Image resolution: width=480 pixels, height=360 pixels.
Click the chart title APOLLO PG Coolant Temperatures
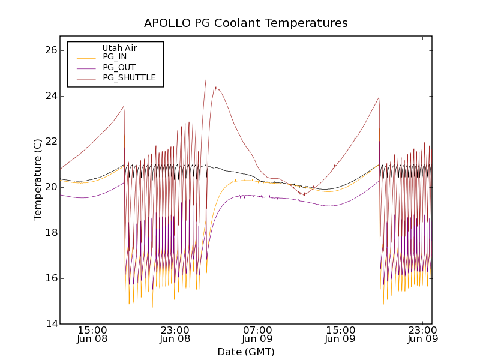pos(246,23)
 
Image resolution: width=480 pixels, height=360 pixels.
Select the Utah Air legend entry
pos(119,48)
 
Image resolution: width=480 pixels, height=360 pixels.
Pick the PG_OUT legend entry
pos(119,67)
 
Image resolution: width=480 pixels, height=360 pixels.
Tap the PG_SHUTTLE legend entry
pos(129,77)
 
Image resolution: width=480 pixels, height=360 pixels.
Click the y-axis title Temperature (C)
pos(38,179)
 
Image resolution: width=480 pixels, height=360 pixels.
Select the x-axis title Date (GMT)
pos(246,352)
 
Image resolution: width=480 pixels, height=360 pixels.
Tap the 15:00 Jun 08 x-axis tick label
pos(92,334)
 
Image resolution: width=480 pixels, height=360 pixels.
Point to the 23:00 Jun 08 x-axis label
pos(175,334)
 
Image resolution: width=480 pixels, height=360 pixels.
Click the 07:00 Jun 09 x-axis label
pos(258,334)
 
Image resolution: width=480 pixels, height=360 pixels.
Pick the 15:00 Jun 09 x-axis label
pos(340,334)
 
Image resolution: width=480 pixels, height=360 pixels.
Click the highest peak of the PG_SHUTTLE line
pos(206,80)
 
